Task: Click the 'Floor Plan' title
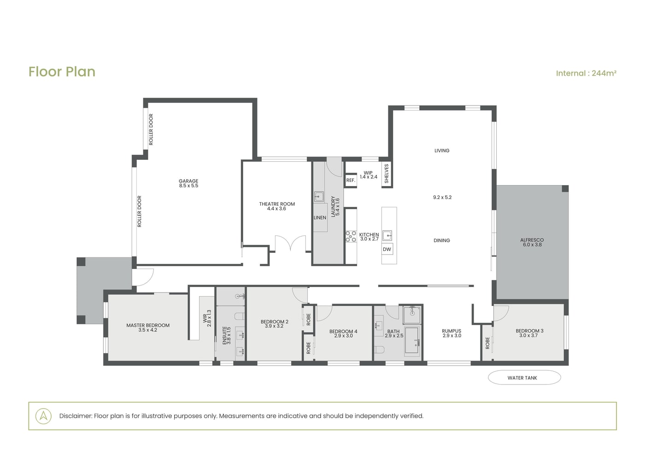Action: pyautogui.click(x=62, y=72)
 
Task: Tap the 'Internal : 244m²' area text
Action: pyautogui.click(x=586, y=73)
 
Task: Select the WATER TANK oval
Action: pyautogui.click(x=524, y=377)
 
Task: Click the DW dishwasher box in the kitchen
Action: pyautogui.click(x=387, y=249)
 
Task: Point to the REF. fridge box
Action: pyautogui.click(x=351, y=180)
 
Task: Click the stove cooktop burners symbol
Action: pyautogui.click(x=351, y=236)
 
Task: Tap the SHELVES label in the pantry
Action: pyautogui.click(x=387, y=174)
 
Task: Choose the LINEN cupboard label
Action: pyautogui.click(x=320, y=217)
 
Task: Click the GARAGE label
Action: pyautogui.click(x=188, y=181)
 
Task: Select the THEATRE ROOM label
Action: pyautogui.click(x=277, y=204)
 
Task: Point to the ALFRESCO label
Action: pyautogui.click(x=532, y=240)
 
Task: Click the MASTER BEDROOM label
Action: pyautogui.click(x=148, y=325)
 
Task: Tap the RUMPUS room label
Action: pyautogui.click(x=451, y=331)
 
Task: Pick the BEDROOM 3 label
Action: pyautogui.click(x=529, y=331)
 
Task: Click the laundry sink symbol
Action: pyautogui.click(x=319, y=197)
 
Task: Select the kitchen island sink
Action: pyautogui.click(x=387, y=235)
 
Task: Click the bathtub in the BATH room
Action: pyautogui.click(x=412, y=340)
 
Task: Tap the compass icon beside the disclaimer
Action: pyautogui.click(x=43, y=416)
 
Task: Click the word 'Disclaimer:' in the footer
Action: pyautogui.click(x=76, y=415)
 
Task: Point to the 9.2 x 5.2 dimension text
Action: pyautogui.click(x=442, y=198)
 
